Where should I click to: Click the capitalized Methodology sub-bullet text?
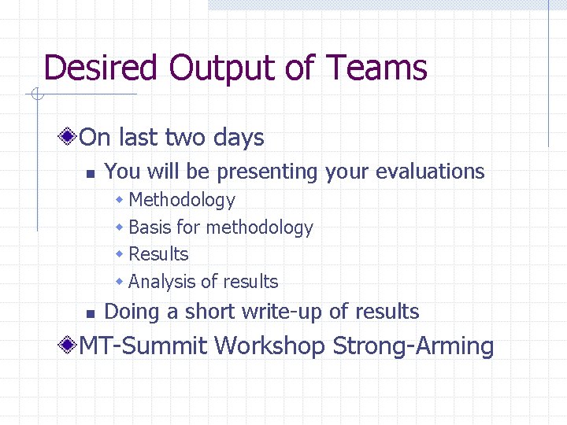click(181, 201)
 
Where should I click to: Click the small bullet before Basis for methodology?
click(120, 227)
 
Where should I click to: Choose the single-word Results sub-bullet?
click(158, 254)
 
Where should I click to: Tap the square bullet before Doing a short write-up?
click(90, 313)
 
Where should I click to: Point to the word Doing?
click(132, 312)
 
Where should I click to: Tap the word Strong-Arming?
click(413, 346)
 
